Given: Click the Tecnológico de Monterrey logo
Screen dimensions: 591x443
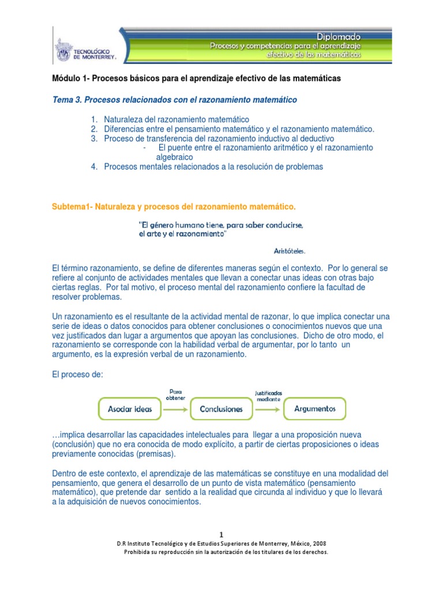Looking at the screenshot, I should [x=87, y=50].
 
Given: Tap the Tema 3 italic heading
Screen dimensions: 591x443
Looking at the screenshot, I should [x=174, y=100].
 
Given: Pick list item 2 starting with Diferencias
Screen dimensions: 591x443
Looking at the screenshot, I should [x=239, y=129].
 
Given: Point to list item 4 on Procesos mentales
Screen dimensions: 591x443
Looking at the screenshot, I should [x=213, y=167].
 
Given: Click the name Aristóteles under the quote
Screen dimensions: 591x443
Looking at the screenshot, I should [x=289, y=251].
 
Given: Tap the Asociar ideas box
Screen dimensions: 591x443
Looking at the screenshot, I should [x=130, y=409].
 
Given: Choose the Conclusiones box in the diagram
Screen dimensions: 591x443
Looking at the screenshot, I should [x=221, y=409].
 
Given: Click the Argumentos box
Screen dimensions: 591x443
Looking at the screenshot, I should [x=314, y=409].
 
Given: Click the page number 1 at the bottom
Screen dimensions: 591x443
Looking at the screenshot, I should [x=221, y=535].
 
